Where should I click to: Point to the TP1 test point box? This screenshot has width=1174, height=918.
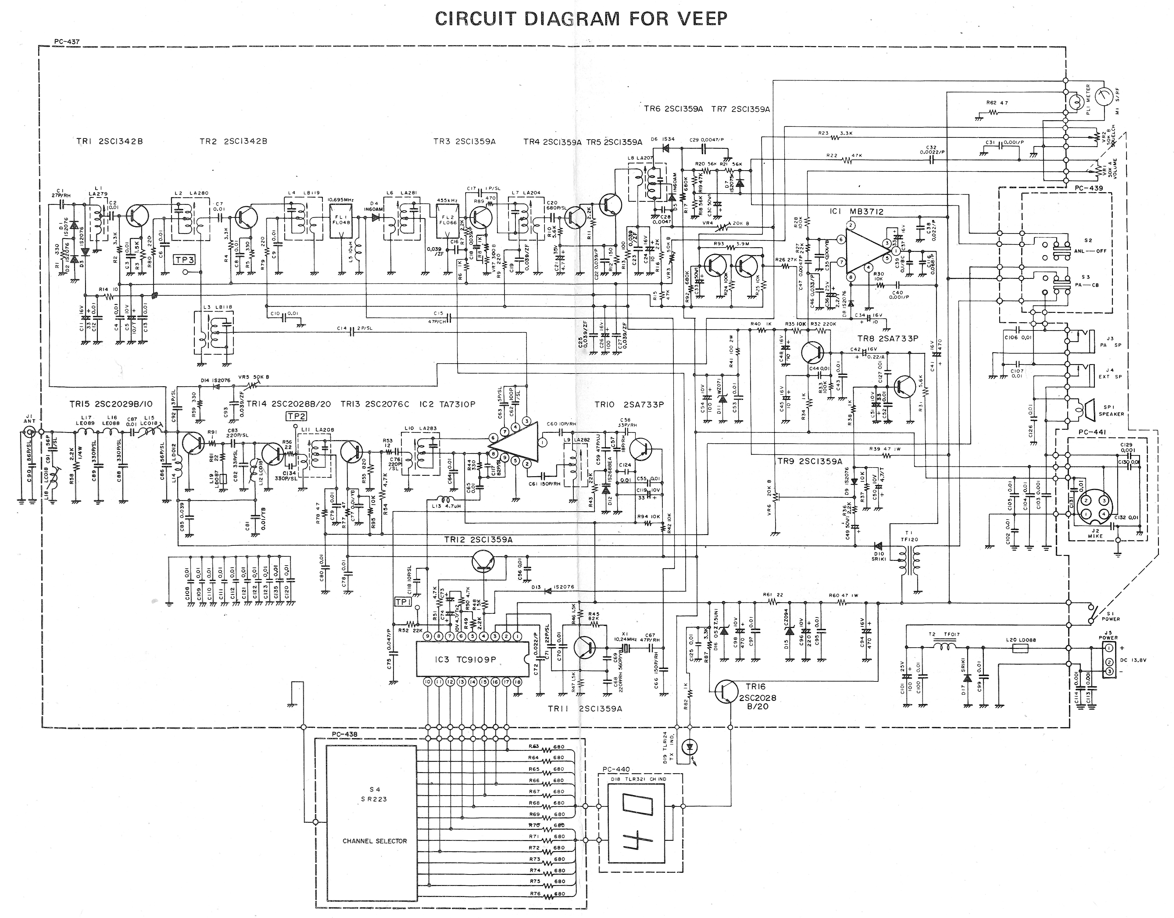tap(403, 602)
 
